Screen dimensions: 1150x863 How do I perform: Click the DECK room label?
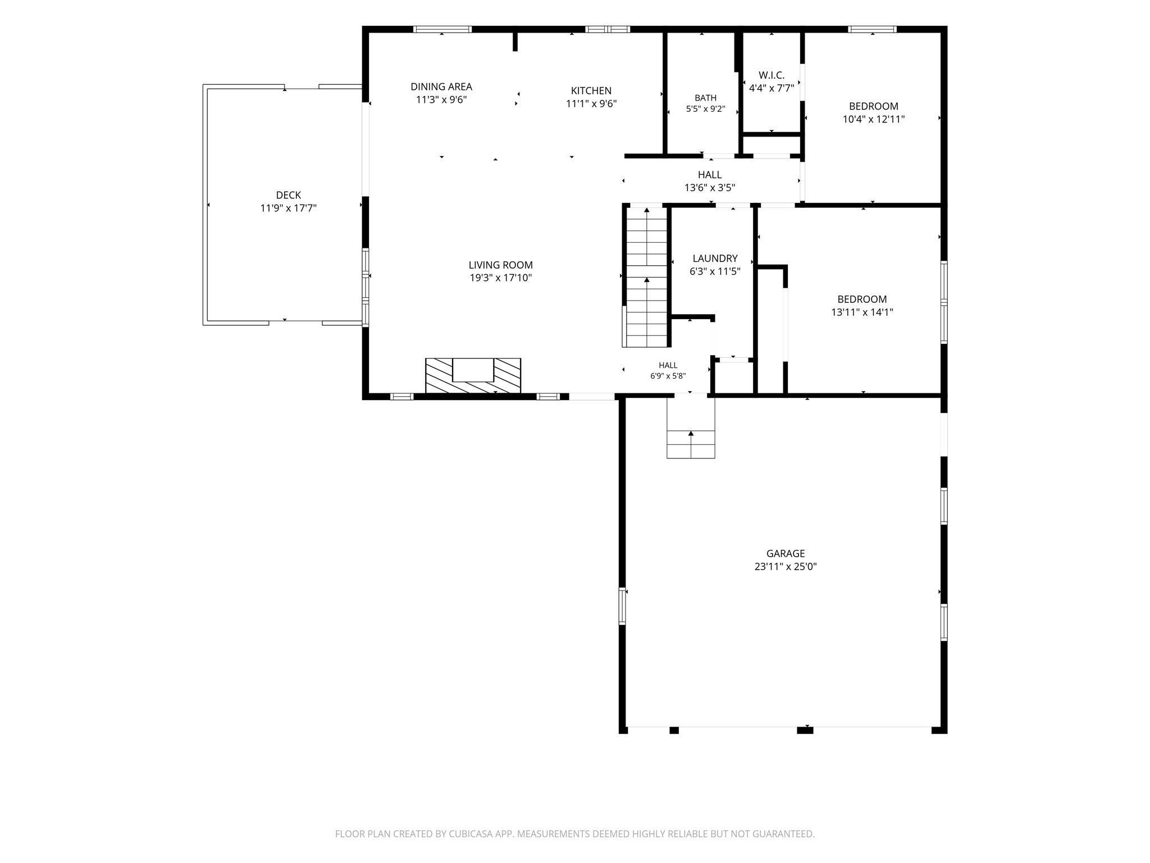click(x=288, y=195)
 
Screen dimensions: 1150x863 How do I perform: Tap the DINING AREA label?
click(x=441, y=87)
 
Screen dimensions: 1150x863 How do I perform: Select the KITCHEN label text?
click(x=591, y=90)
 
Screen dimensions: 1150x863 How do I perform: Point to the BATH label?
click(x=705, y=98)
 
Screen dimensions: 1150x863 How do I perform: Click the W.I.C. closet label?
click(x=772, y=75)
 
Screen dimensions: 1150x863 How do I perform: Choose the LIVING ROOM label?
click(x=501, y=265)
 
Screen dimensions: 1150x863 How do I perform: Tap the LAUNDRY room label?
click(x=715, y=258)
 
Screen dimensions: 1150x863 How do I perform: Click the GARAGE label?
click(x=786, y=553)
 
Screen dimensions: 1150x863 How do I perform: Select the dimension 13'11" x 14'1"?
click(x=862, y=312)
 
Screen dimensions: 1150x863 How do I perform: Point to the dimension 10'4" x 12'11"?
click(x=874, y=119)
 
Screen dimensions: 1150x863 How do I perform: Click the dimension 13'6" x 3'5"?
click(x=710, y=188)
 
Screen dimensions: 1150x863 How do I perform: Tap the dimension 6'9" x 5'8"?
click(x=668, y=376)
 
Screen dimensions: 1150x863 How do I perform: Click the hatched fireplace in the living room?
click(x=473, y=375)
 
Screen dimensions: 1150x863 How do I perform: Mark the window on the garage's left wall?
click(x=622, y=606)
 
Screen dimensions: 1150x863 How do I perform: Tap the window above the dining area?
click(x=442, y=29)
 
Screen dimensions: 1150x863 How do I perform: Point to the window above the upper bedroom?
click(x=872, y=29)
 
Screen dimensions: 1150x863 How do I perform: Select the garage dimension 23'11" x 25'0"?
click(x=786, y=567)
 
